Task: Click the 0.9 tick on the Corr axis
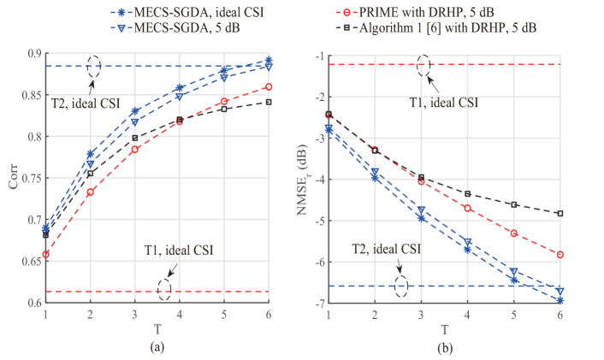(x=34, y=54)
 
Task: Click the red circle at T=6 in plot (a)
(x=269, y=86)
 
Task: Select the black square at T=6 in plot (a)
(x=269, y=102)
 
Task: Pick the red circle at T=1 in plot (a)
(x=44, y=254)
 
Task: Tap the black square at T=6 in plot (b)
(x=560, y=213)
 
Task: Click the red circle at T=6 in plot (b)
(x=560, y=254)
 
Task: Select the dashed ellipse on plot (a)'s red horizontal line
(x=164, y=291)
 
